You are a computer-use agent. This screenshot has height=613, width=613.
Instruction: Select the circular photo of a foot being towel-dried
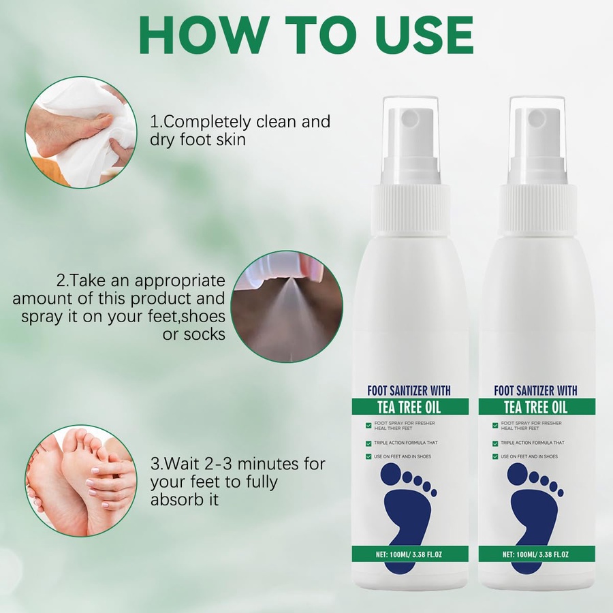coord(81,132)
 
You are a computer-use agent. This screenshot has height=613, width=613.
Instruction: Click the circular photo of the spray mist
coord(287,306)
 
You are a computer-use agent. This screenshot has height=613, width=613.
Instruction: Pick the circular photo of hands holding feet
coord(81,480)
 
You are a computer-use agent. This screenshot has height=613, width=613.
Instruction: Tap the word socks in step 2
coord(204,334)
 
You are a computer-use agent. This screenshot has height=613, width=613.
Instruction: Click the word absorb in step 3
coord(175,500)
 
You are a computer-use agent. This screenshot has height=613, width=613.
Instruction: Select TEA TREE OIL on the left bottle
coord(409,407)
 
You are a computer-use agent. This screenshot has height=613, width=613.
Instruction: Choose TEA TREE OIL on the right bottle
coord(536,407)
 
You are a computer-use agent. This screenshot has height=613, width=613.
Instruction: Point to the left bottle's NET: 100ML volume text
coord(409,554)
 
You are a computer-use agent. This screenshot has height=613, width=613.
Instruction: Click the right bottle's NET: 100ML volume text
coord(535,554)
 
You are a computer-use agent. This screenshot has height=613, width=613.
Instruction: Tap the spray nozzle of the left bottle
coord(410,116)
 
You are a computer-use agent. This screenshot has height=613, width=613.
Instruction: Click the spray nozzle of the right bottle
coord(537,116)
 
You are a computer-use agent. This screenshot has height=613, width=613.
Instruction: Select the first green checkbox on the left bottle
coord(368,425)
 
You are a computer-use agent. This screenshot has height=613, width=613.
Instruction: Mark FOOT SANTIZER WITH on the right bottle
coord(535,390)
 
